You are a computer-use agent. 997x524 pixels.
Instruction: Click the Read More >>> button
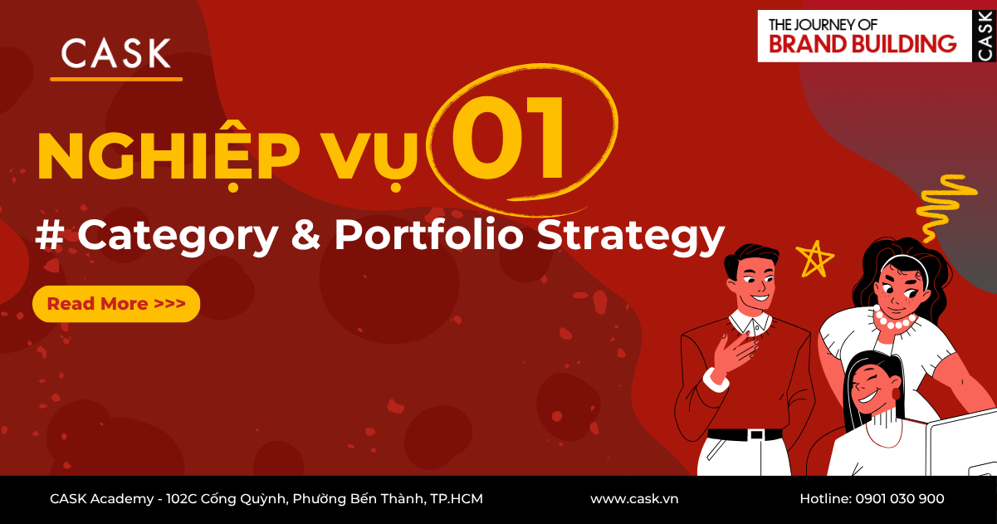pyautogui.click(x=115, y=304)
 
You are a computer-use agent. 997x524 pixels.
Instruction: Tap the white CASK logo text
pyautogui.click(x=116, y=55)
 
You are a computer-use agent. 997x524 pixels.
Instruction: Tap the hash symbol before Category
pyautogui.click(x=51, y=236)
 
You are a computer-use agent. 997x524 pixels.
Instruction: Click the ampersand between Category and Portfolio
pyautogui.click(x=306, y=236)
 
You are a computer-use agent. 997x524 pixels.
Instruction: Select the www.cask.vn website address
pyautogui.click(x=634, y=499)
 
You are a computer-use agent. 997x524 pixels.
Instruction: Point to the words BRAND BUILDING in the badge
pyautogui.click(x=863, y=44)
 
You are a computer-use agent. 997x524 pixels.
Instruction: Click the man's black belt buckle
pyautogui.click(x=755, y=434)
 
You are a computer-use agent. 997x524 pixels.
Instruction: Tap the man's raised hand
pyautogui.click(x=734, y=349)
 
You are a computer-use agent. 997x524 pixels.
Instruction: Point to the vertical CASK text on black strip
pyautogui.click(x=985, y=36)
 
